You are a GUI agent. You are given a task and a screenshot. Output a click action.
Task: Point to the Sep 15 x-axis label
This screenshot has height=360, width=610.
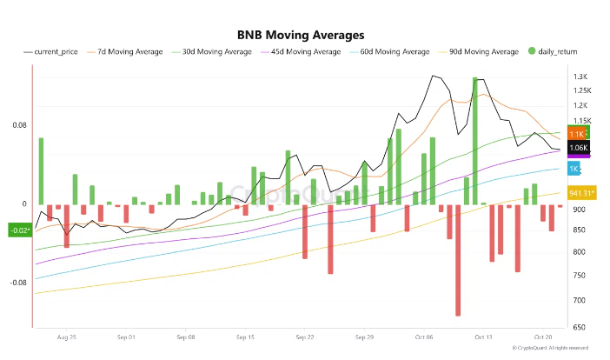[x=245, y=335]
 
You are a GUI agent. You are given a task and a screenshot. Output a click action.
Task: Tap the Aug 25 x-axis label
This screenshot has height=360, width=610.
[x=66, y=335]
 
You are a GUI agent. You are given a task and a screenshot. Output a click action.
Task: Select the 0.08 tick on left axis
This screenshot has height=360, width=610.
[x=18, y=125]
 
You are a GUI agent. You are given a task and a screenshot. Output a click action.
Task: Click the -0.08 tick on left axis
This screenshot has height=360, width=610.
[x=17, y=283]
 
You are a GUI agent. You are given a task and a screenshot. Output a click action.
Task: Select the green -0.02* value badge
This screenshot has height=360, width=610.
[x=19, y=230]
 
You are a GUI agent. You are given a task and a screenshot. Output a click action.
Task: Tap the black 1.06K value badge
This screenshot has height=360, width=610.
[x=579, y=148]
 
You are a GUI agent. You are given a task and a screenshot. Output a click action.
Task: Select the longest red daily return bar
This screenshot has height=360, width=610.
[x=458, y=260]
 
